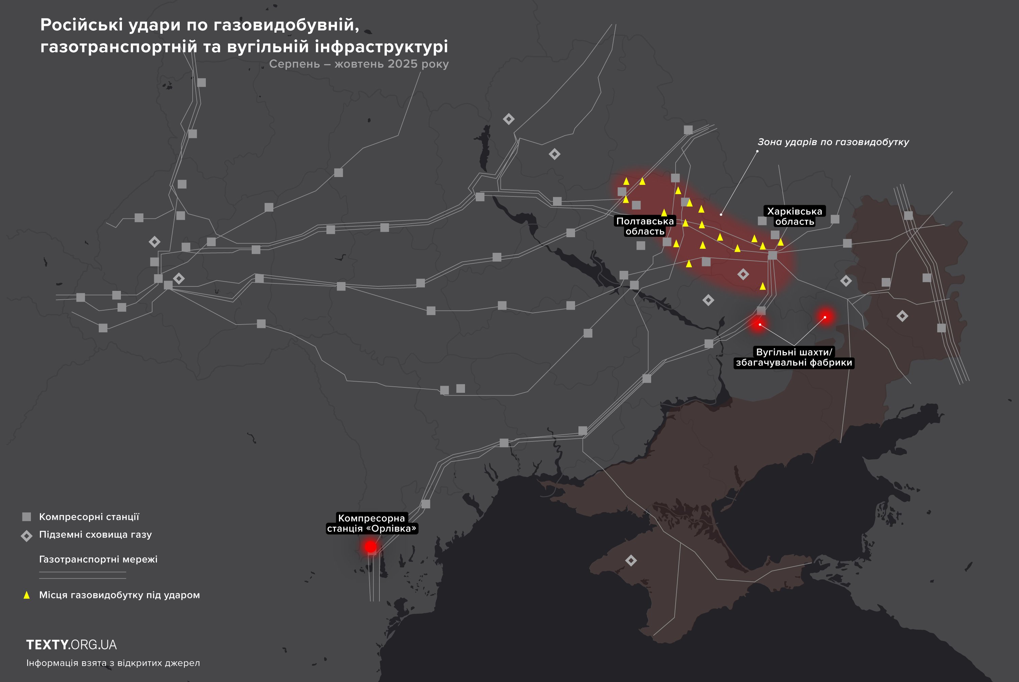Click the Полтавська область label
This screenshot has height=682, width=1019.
coord(645,226)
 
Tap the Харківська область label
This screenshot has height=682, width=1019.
coord(794,216)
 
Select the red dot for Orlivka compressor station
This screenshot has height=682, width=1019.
coord(370,546)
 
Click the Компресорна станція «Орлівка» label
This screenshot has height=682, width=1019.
coord(372,523)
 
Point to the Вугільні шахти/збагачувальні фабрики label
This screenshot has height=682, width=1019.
coord(794,357)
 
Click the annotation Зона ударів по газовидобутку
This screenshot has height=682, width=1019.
coord(833,142)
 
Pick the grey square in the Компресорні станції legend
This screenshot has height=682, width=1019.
coord(26,517)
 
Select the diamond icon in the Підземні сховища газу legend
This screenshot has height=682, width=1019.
coord(26,536)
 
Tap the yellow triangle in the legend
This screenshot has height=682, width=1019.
coord(26,595)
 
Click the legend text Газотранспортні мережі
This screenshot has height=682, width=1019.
coord(98,559)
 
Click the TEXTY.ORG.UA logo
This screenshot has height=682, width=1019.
coord(71,645)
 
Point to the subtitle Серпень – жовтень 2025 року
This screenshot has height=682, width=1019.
coord(359,64)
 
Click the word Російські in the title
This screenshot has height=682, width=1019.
coord(81,25)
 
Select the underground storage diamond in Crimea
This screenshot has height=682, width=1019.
coord(631,560)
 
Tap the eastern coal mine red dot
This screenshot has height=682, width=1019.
coord(825,317)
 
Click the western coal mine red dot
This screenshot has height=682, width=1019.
coord(759,325)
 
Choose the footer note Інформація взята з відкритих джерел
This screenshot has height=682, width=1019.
coord(113,663)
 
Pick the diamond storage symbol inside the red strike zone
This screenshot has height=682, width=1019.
coord(743,274)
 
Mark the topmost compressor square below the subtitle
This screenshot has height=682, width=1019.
coord(201,83)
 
